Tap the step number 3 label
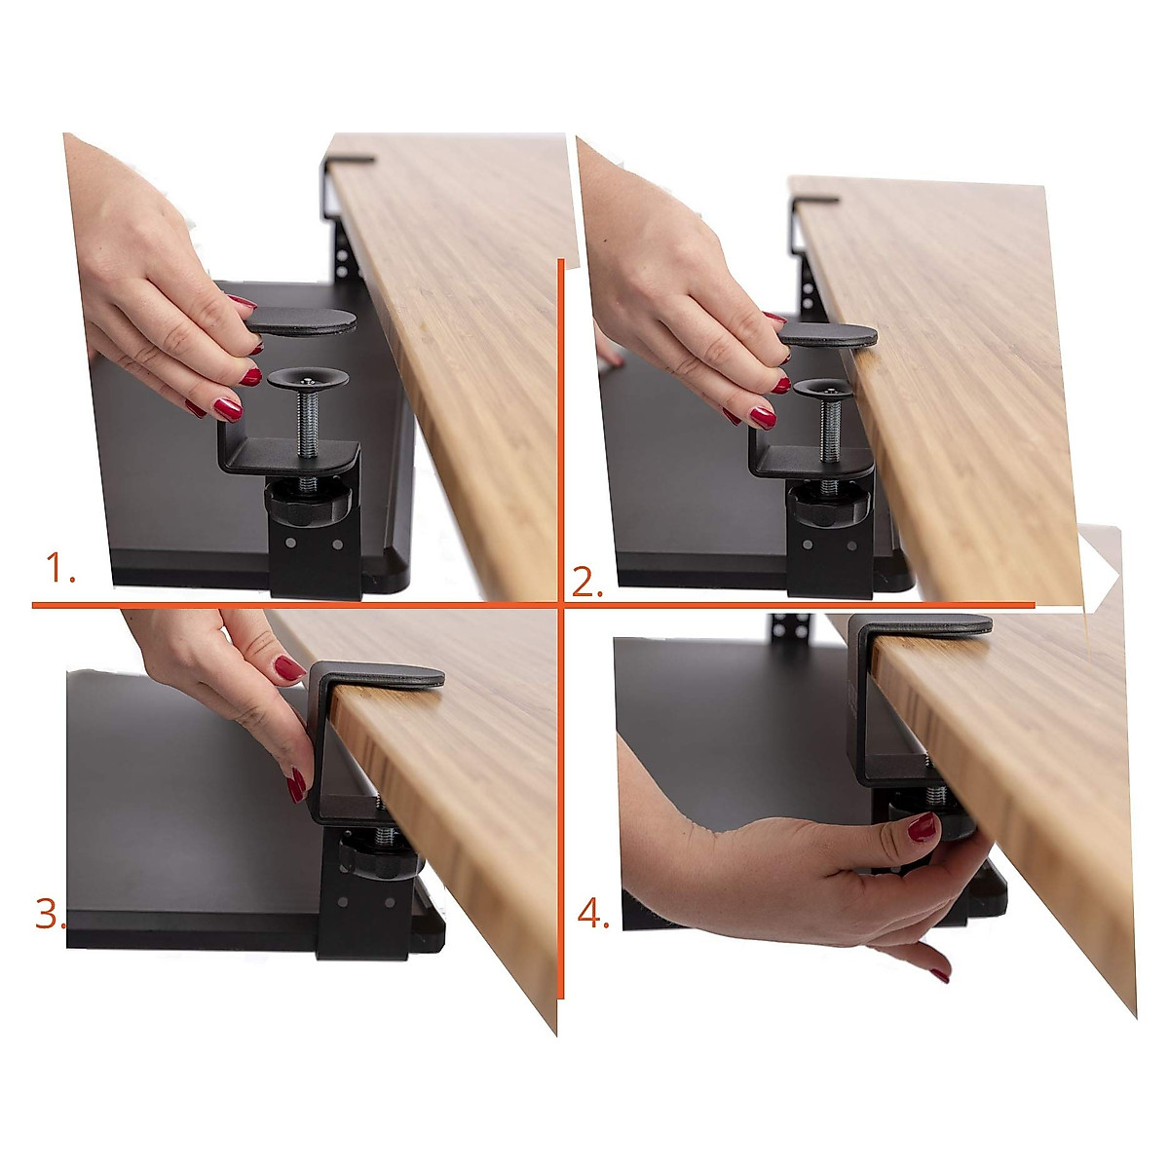[x=49, y=914]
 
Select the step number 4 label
[x=591, y=913]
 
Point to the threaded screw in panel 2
[x=831, y=429]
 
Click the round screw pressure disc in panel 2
[x=825, y=387]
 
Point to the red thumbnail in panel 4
[x=922, y=828]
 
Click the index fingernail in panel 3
[x=288, y=668]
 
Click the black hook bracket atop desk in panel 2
[x=814, y=202]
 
